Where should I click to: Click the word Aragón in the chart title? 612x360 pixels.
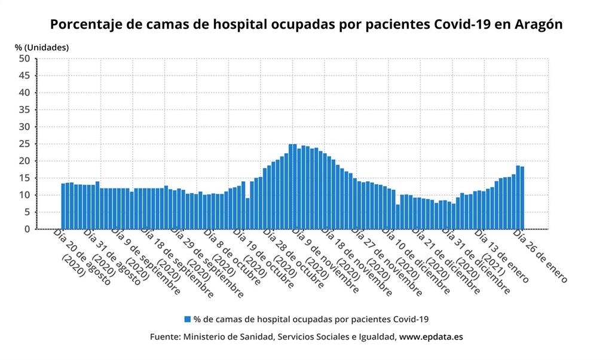click(537, 25)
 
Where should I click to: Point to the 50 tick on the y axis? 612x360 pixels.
click(24, 59)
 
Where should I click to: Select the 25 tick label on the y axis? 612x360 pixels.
click(24, 144)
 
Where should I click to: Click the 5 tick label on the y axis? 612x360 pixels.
click(26, 212)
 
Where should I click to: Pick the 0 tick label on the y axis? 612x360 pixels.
click(26, 229)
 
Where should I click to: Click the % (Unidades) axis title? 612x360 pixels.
click(42, 47)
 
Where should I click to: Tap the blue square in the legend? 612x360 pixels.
click(187, 319)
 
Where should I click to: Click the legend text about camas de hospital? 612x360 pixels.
click(311, 319)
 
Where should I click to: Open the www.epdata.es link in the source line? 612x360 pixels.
click(431, 337)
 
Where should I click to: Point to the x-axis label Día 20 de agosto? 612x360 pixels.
click(82, 257)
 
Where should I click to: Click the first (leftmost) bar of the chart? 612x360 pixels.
click(63, 206)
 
